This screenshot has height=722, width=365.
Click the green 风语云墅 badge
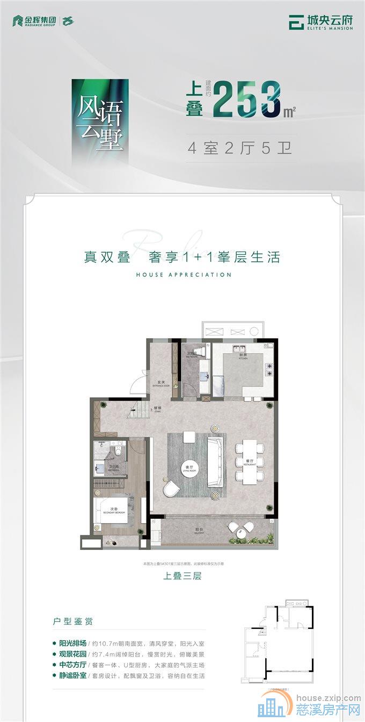[x=100, y=123]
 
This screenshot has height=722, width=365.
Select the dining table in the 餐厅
[x=250, y=461]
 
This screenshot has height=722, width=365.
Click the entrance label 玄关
[x=160, y=382]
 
